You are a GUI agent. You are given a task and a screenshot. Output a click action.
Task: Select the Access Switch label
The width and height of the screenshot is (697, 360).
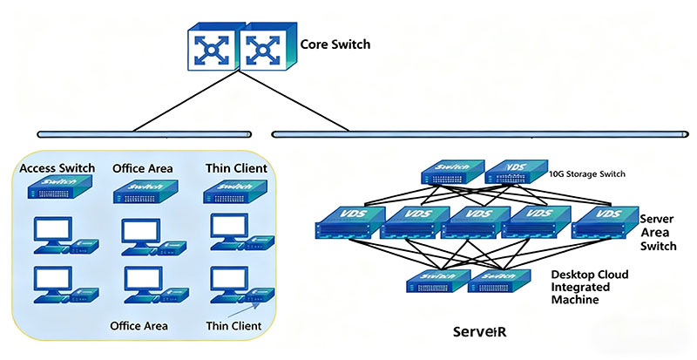click(x=58, y=167)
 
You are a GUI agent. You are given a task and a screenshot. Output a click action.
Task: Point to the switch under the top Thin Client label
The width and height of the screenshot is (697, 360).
click(x=233, y=191)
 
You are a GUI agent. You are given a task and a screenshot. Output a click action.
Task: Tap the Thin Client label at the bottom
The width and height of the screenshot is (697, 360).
click(x=234, y=326)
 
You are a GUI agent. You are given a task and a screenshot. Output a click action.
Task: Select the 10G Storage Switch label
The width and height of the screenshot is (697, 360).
click(x=587, y=173)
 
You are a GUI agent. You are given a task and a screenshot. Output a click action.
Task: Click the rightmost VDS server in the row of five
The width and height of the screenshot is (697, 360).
click(x=600, y=221)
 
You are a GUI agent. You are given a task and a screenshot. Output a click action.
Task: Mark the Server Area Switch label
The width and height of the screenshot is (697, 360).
click(x=658, y=233)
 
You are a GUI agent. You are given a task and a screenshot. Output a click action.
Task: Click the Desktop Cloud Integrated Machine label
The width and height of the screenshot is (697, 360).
click(x=590, y=287)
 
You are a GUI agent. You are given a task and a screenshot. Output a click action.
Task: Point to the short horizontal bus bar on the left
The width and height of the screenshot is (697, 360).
click(x=146, y=134)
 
